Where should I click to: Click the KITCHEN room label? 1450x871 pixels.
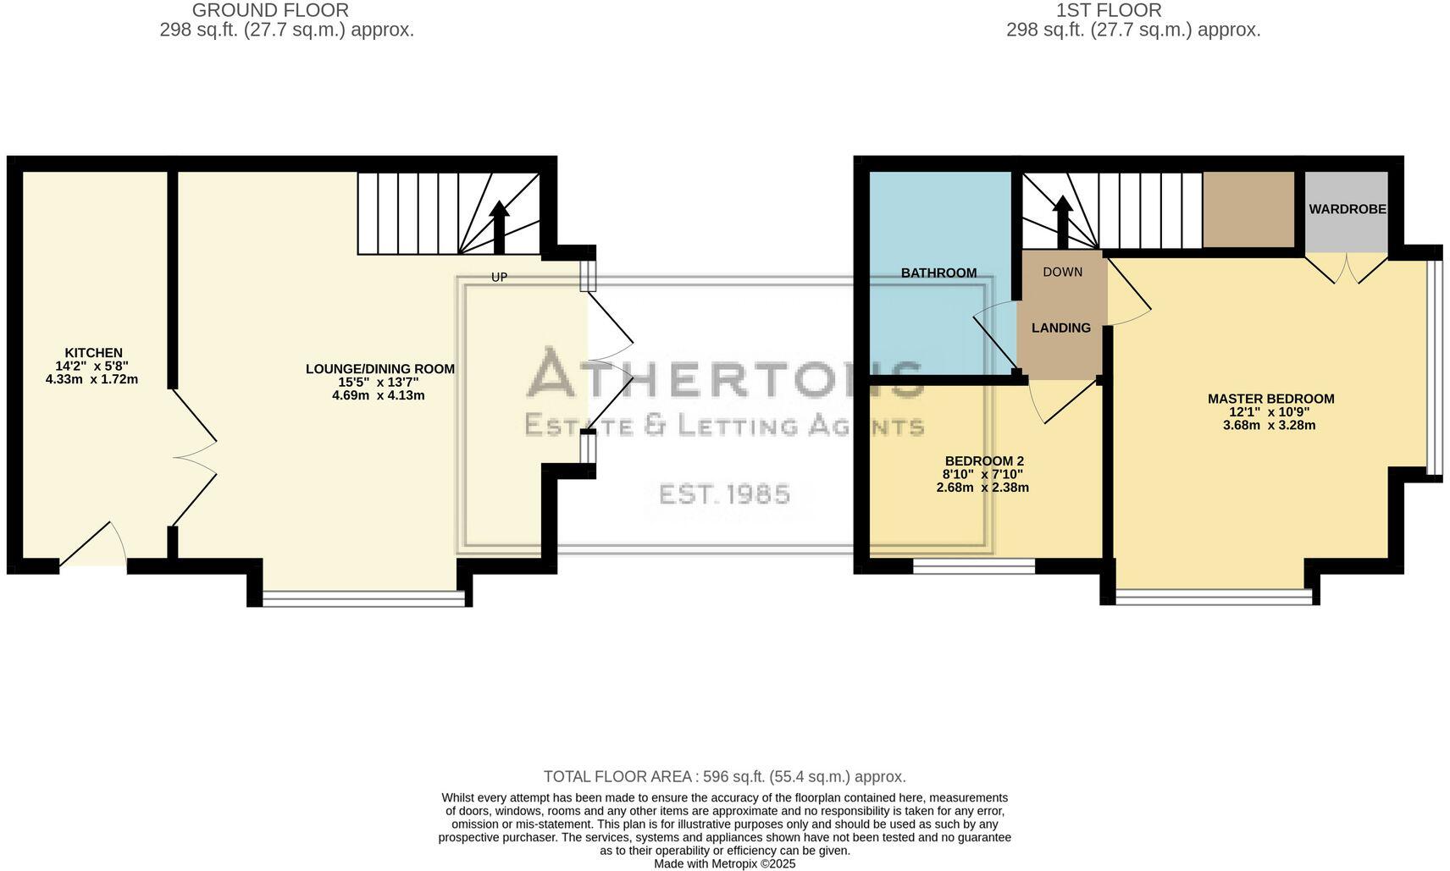click(93, 353)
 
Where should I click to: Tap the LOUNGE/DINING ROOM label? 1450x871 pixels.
click(379, 369)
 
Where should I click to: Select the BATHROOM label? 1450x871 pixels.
click(938, 273)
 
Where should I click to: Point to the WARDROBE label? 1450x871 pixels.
click(1347, 209)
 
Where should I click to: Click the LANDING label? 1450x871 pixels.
click(1060, 328)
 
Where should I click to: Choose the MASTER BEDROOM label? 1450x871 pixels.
click(1270, 399)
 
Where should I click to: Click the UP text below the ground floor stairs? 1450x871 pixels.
click(500, 277)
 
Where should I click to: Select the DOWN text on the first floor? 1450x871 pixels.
click(1062, 272)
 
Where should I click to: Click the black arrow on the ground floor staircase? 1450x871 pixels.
click(500, 225)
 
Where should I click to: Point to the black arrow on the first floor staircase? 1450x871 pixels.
click(1062, 220)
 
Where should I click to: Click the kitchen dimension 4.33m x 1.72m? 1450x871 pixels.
click(91, 379)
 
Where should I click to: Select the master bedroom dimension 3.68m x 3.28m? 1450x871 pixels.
click(1269, 425)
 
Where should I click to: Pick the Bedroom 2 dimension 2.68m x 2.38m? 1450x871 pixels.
click(982, 488)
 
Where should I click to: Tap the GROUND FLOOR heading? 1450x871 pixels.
click(270, 11)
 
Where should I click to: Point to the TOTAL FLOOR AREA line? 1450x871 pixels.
click(724, 776)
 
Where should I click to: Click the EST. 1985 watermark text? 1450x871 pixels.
click(724, 493)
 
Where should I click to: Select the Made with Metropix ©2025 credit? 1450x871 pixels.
click(724, 864)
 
